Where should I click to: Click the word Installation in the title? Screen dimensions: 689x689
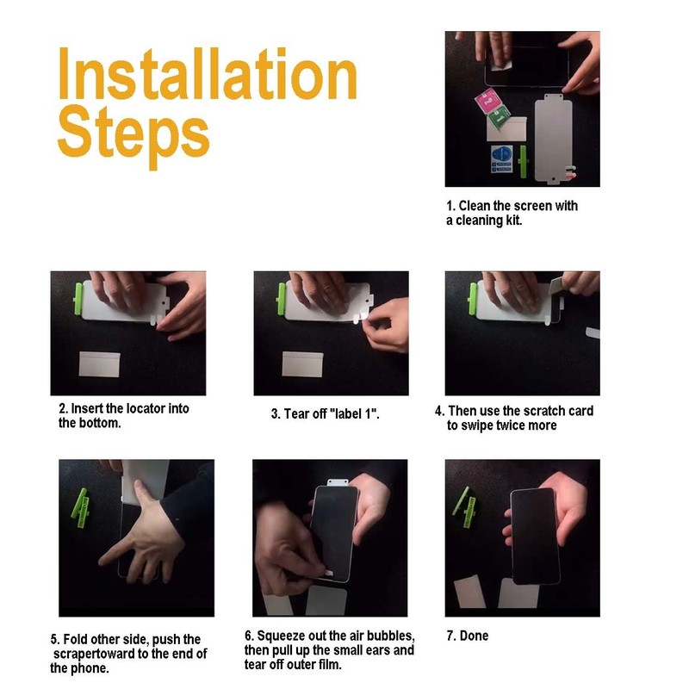(208, 73)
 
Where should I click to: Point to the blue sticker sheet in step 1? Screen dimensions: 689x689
(502, 159)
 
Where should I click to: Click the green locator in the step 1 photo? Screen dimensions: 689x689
(524, 162)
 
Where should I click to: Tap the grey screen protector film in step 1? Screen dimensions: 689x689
(553, 139)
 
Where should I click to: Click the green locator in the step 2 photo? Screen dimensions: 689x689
(78, 299)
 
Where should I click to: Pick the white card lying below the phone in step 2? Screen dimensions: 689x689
(99, 363)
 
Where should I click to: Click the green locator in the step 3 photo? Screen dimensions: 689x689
(282, 299)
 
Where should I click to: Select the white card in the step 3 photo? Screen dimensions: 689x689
(302, 363)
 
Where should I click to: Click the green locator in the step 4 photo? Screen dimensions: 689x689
(473, 299)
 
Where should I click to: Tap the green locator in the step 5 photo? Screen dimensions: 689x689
(81, 507)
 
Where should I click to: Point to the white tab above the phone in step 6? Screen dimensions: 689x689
(338, 482)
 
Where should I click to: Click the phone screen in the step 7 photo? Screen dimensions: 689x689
(534, 536)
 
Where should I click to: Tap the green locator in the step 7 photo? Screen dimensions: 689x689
(464, 506)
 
